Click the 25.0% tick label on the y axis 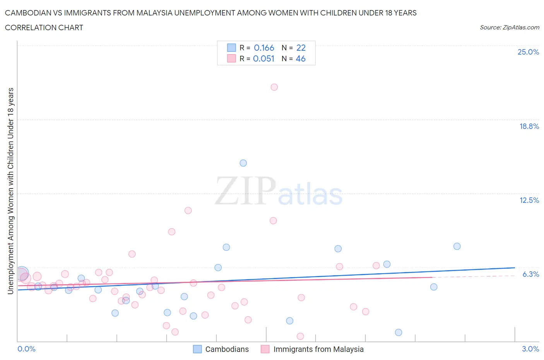pos(528,52)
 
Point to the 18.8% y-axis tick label pos(529,126)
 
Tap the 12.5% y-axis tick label pos(529,200)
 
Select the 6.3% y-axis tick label pos(530,274)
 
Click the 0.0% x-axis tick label pos(27,349)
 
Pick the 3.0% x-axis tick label pos(530,349)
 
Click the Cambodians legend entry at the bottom pos(227,349)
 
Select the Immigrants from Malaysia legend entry pos(318,349)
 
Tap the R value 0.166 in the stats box pos(264,48)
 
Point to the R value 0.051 pos(263,58)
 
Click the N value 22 pos(301,48)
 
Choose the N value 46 pos(301,58)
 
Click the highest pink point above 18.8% pos(274,87)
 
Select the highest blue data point pos(243,163)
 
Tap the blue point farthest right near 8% pos(457,246)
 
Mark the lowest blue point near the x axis pos(398,333)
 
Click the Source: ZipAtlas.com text pos(509,27)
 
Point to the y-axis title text pos(10,191)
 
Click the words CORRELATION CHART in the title pos(44,27)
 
